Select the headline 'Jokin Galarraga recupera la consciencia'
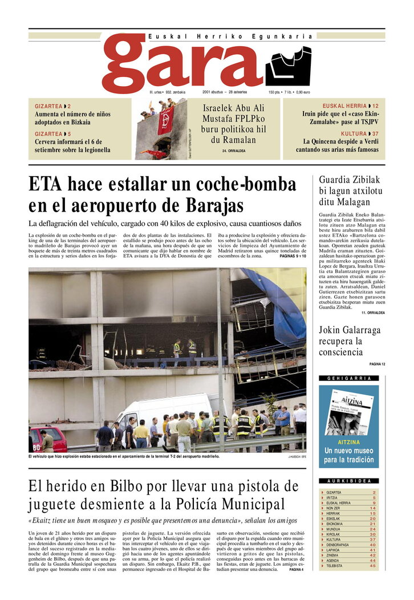click(x=350, y=341)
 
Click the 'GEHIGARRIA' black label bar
click(x=349, y=378)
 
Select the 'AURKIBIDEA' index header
click(x=349, y=481)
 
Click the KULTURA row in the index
click(x=348, y=539)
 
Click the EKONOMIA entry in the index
click(x=348, y=524)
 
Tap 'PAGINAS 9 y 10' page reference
click(x=293, y=257)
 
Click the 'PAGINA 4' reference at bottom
click(x=296, y=569)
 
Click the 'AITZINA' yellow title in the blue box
click(x=348, y=442)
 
